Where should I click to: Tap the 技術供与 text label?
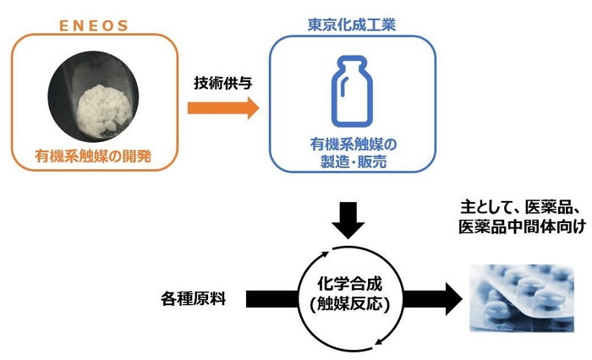point(223,85)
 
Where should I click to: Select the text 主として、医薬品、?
point(519,206)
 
